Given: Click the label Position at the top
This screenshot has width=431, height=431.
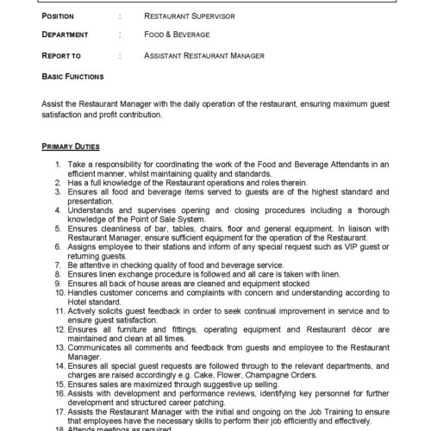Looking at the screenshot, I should [x=59, y=16].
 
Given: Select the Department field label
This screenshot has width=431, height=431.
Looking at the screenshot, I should [x=66, y=35].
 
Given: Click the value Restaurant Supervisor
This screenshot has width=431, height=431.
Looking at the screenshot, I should [x=188, y=16].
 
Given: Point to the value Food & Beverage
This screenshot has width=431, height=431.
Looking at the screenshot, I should [x=178, y=35].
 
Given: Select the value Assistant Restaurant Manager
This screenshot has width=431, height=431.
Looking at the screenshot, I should [x=204, y=55].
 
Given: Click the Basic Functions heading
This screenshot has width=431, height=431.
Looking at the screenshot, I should [x=73, y=76].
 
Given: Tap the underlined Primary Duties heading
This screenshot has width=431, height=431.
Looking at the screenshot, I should [x=70, y=147].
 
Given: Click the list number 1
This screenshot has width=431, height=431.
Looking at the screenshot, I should [x=57, y=163].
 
